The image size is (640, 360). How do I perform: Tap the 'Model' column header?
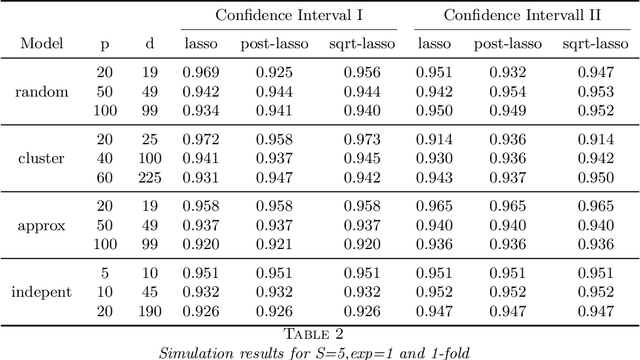pyautogui.click(x=41, y=45)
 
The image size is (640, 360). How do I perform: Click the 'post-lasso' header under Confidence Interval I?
pyautogui.click(x=272, y=45)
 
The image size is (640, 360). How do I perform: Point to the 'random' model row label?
pyautogui.click(x=41, y=91)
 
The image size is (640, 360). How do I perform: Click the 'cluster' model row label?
pyautogui.click(x=41, y=158)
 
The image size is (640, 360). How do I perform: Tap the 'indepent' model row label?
pyautogui.click(x=41, y=291)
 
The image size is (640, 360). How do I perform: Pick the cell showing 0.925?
pyautogui.click(x=273, y=73)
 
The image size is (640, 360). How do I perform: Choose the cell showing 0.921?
pyautogui.click(x=273, y=244)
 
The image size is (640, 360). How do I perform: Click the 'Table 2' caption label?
pyautogui.click(x=319, y=333)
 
